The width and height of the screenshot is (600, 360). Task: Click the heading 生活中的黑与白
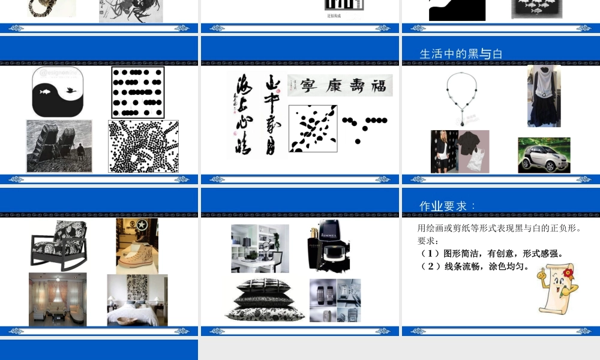(461, 54)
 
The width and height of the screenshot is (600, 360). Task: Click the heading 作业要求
(447, 206)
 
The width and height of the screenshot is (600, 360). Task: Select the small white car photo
(544, 155)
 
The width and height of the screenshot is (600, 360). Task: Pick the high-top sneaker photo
(137, 246)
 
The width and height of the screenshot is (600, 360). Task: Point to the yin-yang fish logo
(58, 92)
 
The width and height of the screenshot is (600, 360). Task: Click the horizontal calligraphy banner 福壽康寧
(340, 85)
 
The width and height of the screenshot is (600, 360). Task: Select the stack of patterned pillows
(264, 299)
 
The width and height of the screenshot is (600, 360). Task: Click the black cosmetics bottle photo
(328, 246)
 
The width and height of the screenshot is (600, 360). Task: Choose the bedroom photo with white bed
(137, 300)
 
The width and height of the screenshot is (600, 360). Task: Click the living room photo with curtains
(58, 299)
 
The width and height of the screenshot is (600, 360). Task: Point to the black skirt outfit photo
(544, 96)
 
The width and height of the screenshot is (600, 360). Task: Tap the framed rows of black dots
(137, 92)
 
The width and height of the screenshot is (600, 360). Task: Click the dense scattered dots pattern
(143, 146)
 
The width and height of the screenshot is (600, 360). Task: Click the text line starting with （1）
(491, 253)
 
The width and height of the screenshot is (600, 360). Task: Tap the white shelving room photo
(260, 248)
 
